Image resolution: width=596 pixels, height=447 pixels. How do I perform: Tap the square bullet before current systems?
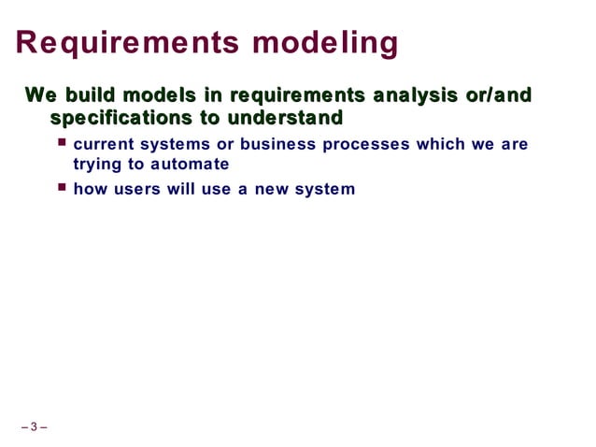pyautogui.click(x=62, y=143)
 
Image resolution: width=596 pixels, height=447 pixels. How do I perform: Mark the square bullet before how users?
pyautogui.click(x=62, y=187)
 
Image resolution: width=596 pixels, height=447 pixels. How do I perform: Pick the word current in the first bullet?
pyautogui.click(x=102, y=145)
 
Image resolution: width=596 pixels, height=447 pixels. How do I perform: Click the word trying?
pyautogui.click(x=97, y=165)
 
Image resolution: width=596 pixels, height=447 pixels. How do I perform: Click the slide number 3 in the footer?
pyautogui.click(x=34, y=428)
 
